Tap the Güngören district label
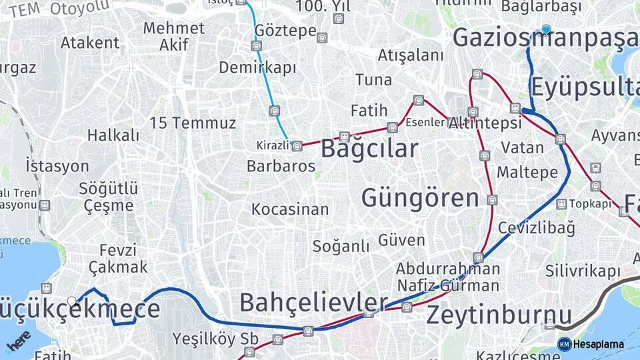pos(420,198)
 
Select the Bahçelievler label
pos(313,303)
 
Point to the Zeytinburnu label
pos(499,315)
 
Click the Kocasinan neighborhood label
pos(290,209)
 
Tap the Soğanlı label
pos(341,246)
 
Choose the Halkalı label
pos(113,135)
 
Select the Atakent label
pos(90,43)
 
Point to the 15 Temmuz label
pos(193,123)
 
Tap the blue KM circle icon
pos(564,344)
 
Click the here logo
pos(18,341)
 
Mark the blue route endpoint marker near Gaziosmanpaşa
pos(547,29)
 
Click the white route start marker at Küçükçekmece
pos(72,301)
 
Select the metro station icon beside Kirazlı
pos(297,145)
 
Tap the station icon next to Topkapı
pos(561,203)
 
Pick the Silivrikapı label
pos(583,271)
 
